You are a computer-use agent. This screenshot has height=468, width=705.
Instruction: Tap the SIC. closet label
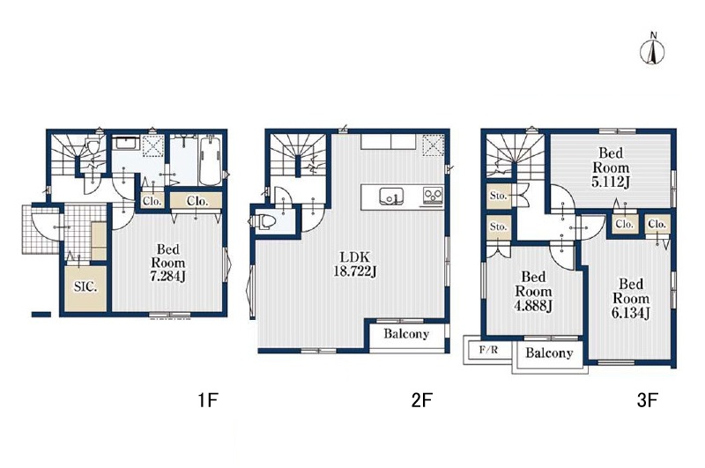pyautogui.click(x=85, y=286)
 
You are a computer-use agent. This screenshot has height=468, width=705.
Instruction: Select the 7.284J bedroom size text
pyautogui.click(x=167, y=277)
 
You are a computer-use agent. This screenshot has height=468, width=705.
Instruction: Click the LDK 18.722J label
pyautogui.click(x=355, y=264)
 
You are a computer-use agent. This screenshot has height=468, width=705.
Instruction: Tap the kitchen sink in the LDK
pyautogui.click(x=391, y=197)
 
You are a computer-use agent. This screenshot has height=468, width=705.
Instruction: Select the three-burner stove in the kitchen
pyautogui.click(x=433, y=196)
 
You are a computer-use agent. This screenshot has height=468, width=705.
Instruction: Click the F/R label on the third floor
pyautogui.click(x=488, y=349)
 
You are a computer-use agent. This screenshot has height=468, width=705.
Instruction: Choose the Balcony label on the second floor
pyautogui.click(x=406, y=333)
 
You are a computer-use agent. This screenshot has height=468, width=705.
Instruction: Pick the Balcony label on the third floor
pyautogui.click(x=549, y=353)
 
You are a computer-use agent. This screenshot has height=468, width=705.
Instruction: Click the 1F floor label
pyautogui.click(x=208, y=399)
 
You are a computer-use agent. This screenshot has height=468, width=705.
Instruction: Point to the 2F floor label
pyautogui.click(x=422, y=399)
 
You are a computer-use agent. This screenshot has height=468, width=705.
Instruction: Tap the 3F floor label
pyautogui.click(x=648, y=399)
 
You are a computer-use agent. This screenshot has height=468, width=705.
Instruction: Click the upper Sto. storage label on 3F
pyautogui.click(x=498, y=196)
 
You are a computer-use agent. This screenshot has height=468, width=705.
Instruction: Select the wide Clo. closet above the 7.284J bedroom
pyautogui.click(x=197, y=201)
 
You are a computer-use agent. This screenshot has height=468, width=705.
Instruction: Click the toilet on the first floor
pyautogui.click(x=93, y=147)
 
